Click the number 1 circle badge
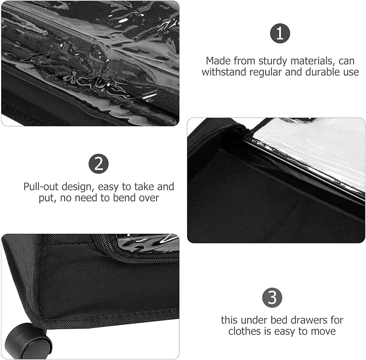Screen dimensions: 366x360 [x=280, y=33]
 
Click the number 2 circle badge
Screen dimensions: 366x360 [x=99, y=164]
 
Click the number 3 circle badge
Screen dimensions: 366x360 [x=272, y=297]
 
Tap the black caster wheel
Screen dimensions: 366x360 [x=28, y=341]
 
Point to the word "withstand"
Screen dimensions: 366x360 [x=224, y=72]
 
